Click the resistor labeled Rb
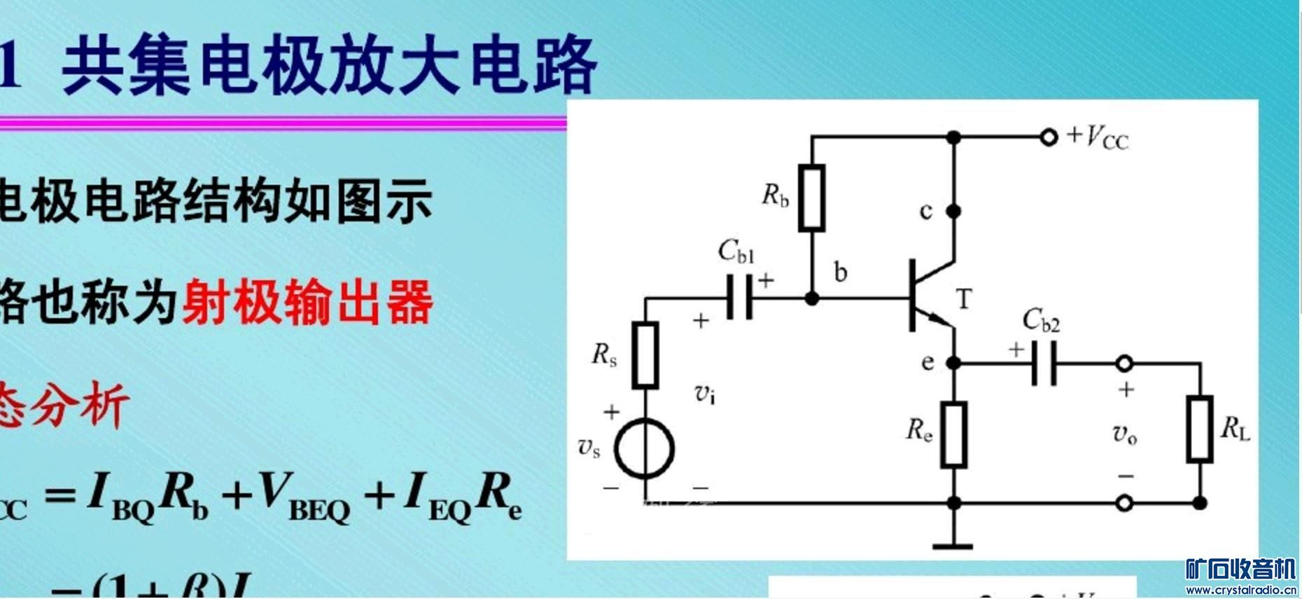pyautogui.click(x=812, y=198)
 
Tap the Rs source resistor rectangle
pyautogui.click(x=645, y=355)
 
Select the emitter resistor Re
pyautogui.click(x=953, y=434)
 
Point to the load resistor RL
pyautogui.click(x=1200, y=429)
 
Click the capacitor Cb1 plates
pyautogui.click(x=739, y=298)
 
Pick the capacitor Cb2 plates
pyautogui.click(x=1044, y=364)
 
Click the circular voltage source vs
pyautogui.click(x=644, y=449)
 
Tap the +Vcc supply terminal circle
pyautogui.click(x=1048, y=137)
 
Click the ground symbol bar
pyautogui.click(x=953, y=546)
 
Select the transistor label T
pyautogui.click(x=964, y=299)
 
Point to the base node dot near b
pyautogui.click(x=812, y=298)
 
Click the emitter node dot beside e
pyautogui.click(x=953, y=363)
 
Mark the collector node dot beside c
pyautogui.click(x=953, y=210)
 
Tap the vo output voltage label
pyautogui.click(x=1125, y=434)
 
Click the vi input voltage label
pyautogui.click(x=705, y=394)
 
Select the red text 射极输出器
pyautogui.click(x=307, y=303)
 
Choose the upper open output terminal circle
pyautogui.click(x=1124, y=364)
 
